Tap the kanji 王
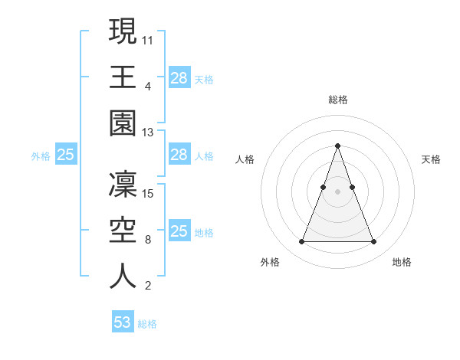123,77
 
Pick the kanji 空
123,229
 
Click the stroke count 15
149,194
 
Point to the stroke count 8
148,240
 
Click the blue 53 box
123,322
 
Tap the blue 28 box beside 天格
179,78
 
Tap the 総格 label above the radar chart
337,100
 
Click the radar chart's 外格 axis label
270,262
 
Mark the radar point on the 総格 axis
337,146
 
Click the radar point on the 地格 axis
373,242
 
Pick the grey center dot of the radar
337,191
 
